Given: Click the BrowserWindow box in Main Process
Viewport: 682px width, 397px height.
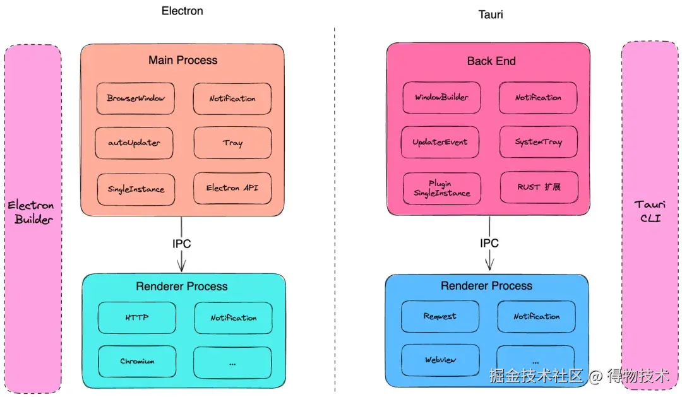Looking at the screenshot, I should point(136,98).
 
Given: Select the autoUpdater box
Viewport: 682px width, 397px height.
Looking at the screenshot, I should point(135,143).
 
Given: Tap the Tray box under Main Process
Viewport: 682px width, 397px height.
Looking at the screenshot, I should point(232,143).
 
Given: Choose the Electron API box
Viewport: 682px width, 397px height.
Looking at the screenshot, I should point(232,188).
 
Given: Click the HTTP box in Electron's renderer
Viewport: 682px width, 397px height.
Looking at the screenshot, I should point(136,317).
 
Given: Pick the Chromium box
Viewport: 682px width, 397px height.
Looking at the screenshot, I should point(137,362).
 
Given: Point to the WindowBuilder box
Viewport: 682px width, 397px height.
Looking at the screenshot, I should point(441,98).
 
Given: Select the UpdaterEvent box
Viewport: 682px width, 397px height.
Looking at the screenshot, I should point(440,142).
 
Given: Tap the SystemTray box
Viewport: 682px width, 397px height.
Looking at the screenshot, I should point(538,142).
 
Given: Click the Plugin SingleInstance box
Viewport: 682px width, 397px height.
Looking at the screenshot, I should point(441,188).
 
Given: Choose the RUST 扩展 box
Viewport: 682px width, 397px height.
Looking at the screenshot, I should point(539,187).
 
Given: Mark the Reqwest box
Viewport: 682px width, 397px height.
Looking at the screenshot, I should point(440,316).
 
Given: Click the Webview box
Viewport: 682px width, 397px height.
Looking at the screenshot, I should point(440,360).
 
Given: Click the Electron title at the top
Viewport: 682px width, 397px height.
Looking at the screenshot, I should point(182,11).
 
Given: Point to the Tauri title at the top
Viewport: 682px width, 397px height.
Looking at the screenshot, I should point(491,14).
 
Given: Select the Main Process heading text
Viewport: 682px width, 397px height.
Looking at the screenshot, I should point(182,61).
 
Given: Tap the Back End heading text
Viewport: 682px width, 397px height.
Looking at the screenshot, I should point(491,61).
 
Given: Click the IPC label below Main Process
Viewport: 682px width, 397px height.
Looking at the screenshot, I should point(182,244).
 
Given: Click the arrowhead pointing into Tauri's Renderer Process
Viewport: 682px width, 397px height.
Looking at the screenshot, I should point(489,264).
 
